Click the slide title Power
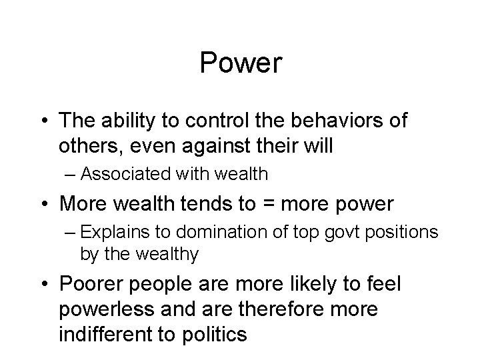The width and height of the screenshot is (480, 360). point(241,64)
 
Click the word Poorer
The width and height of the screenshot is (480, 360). point(89,285)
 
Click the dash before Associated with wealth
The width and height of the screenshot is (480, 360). point(85,175)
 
